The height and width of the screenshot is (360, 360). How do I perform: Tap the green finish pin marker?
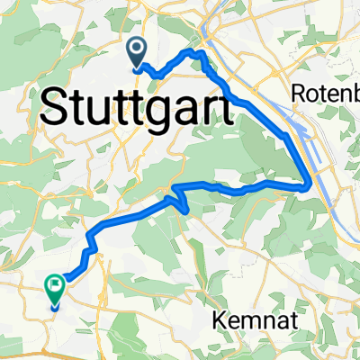pyautogui.click(x=54, y=291)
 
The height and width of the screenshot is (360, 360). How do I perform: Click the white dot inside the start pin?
pyautogui.click(x=138, y=49)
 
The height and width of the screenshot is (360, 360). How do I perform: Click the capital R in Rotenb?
pyautogui.click(x=300, y=93)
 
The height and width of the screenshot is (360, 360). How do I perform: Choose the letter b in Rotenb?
pyautogui.click(x=353, y=93)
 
